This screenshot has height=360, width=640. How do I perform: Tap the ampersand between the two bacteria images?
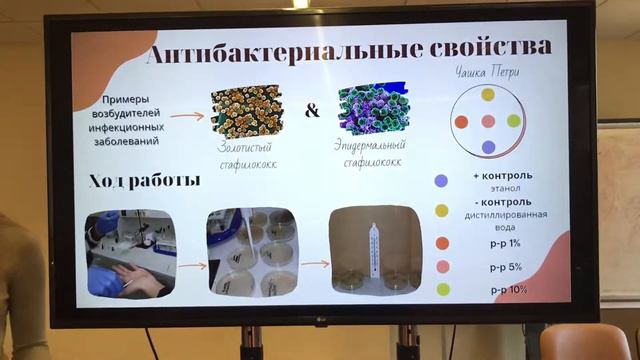coord(312,110)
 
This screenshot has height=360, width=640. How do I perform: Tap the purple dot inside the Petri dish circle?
coord(488,147)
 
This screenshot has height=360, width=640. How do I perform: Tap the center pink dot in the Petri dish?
coord(488,121)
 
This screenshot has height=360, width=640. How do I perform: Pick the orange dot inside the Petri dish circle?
coord(461,121)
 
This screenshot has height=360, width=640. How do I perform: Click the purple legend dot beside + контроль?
coord(441,181)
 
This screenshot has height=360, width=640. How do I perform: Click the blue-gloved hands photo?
coord(130,253)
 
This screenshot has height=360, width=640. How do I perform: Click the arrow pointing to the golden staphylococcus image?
coord(185,116)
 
